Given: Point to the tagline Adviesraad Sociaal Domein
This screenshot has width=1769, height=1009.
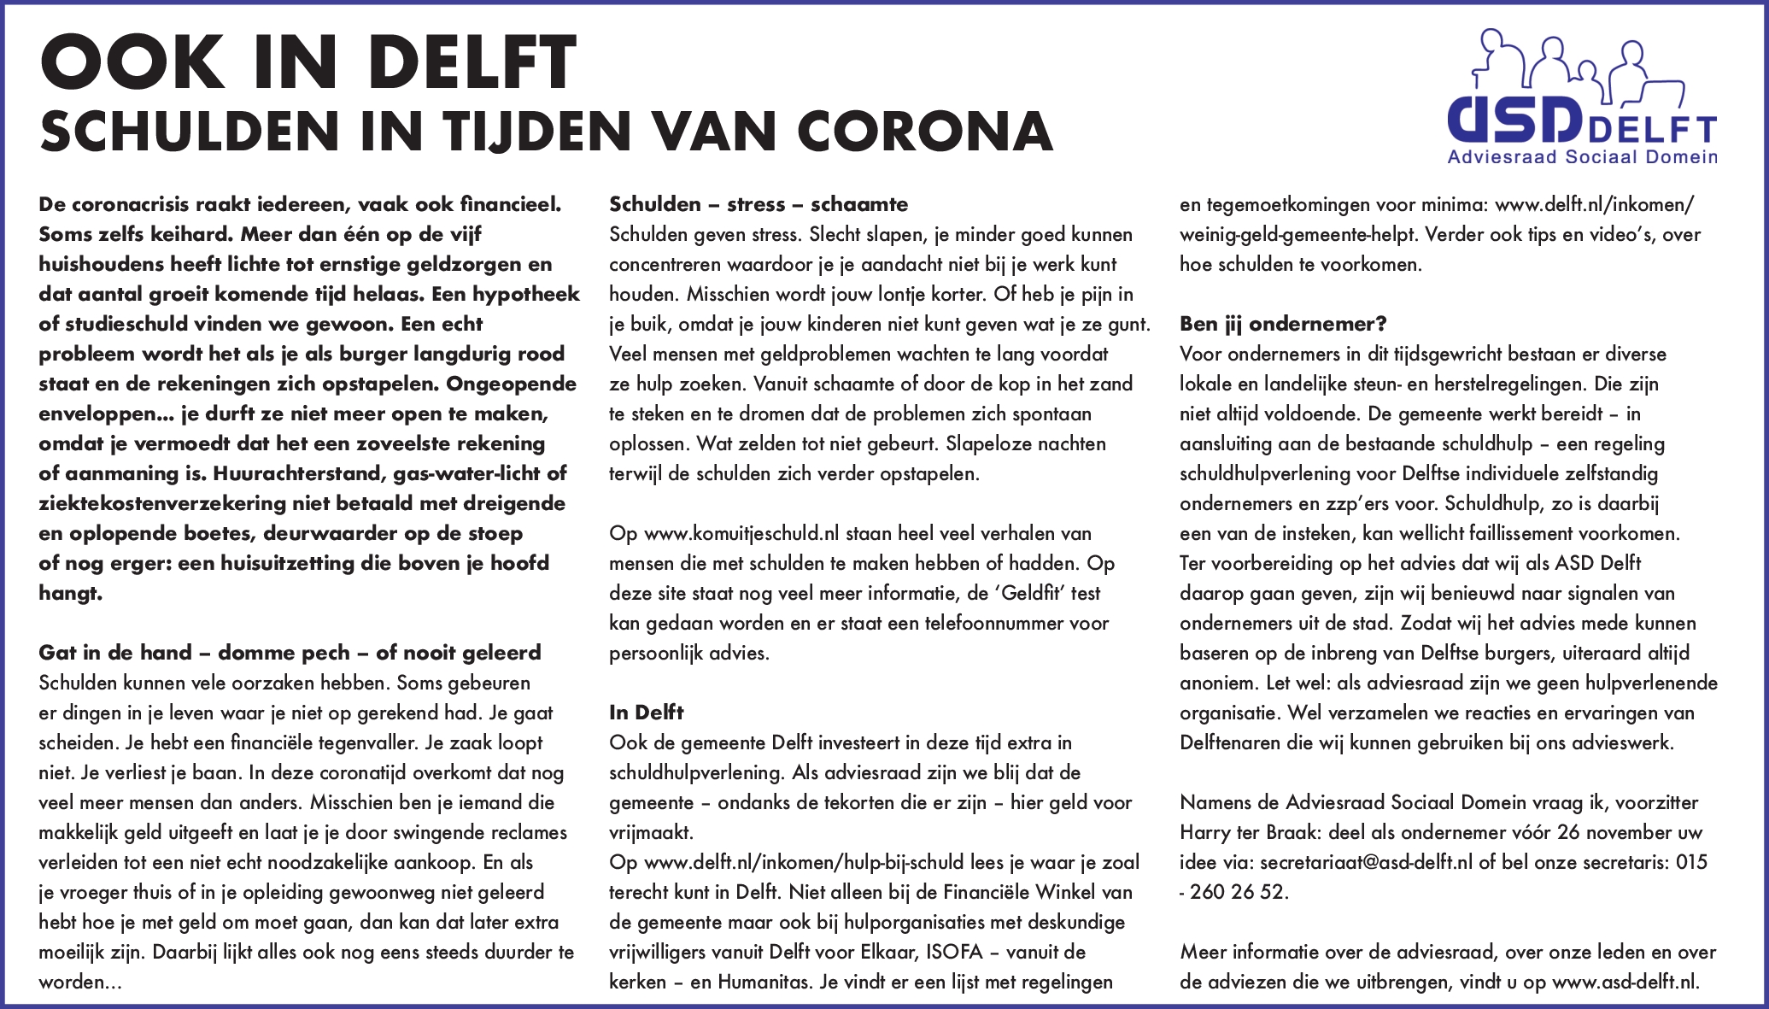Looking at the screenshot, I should tap(1582, 157).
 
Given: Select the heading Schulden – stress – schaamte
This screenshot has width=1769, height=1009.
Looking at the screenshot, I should tap(759, 204).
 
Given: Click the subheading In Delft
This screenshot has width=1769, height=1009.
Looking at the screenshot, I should tap(646, 713).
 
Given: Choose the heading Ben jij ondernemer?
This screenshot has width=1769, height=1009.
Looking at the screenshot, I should tap(1283, 324).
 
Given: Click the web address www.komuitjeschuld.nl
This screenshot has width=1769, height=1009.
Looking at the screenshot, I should tap(741, 534).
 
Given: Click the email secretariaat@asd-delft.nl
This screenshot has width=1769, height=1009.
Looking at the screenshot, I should tap(1366, 862).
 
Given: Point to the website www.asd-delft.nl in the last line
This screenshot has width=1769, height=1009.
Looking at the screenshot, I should tap(1625, 983).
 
